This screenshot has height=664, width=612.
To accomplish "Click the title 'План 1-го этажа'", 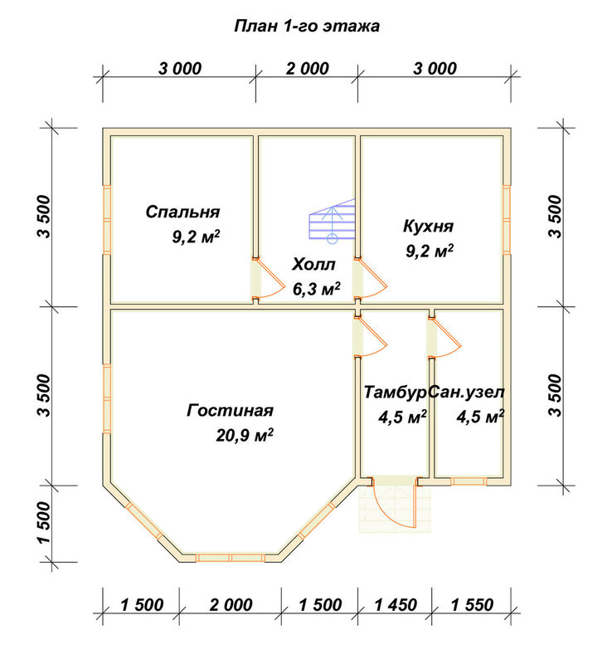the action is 307,27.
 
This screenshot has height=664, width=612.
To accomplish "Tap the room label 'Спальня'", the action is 182,212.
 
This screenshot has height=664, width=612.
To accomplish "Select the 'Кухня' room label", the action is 428,226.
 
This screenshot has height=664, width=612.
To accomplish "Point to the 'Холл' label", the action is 313,264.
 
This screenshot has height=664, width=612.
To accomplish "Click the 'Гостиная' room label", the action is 230,410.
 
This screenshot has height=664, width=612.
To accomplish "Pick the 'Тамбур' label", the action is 395,392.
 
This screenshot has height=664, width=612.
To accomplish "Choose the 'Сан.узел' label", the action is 466,392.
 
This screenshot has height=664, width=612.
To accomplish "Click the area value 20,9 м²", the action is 245,435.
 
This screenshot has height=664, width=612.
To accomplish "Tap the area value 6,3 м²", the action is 317,289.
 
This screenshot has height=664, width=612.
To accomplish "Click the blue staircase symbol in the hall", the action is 332,221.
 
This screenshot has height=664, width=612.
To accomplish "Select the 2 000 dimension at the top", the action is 308,69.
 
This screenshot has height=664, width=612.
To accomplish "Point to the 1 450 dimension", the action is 396,605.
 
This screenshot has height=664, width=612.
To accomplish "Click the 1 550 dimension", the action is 472,605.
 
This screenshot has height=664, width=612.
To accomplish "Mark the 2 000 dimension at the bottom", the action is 231,605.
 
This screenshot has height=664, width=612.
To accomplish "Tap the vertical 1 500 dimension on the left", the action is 44,523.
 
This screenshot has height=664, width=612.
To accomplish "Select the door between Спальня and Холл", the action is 268,278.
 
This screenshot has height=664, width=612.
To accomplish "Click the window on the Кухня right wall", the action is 507,219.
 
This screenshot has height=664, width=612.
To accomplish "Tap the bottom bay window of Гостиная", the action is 231,558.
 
